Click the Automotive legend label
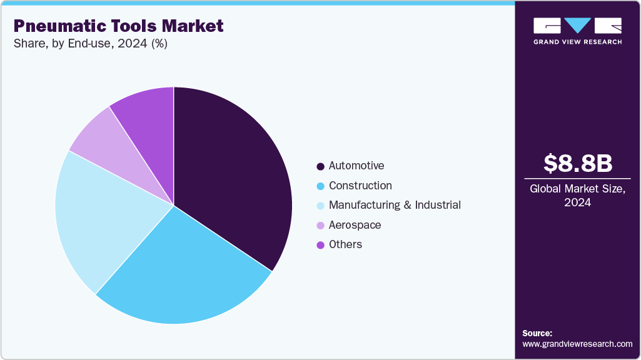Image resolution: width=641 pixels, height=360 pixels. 356,166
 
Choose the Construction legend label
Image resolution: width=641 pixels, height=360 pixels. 360,186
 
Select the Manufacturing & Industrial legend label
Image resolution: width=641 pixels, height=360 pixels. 395,205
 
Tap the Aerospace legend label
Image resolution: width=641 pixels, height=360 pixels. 355,225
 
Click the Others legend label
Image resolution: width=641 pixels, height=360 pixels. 345,244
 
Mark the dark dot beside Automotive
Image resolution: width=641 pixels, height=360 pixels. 321,166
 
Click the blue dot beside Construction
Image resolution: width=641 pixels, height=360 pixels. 321,186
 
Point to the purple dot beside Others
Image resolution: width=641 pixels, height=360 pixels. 321,245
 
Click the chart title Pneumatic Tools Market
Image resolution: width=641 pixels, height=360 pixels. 118,26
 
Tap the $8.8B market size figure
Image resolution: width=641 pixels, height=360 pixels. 577,163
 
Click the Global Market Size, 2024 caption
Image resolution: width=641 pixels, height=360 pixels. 577,195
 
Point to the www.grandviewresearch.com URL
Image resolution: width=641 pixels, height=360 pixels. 577,344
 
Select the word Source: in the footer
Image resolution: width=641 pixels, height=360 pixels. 537,333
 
